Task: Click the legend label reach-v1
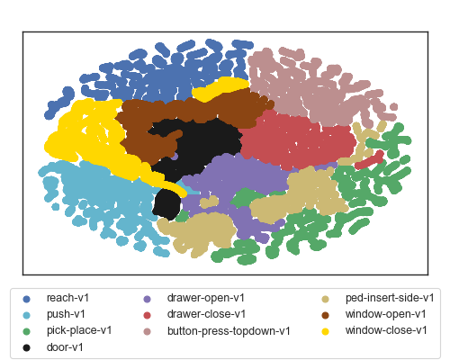pos(67,298)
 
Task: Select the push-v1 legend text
pos(66,314)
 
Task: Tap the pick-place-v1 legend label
pos(79,330)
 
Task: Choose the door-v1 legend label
pos(65,347)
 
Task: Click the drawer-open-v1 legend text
pos(206,298)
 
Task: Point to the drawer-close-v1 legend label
pos(206,314)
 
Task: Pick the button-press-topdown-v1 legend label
pos(229,331)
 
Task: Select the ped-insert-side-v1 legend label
pos(390,298)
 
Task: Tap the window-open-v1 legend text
pos(386,314)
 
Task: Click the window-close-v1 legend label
pos(386,330)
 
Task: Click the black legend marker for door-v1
pos(26,347)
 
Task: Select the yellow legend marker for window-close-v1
pos(325,331)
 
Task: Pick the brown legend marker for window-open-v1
pos(325,315)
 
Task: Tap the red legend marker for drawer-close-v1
pos(147,315)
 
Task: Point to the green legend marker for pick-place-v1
pos(26,331)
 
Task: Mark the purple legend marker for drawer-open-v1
pos(147,299)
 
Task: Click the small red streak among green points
pos(370,160)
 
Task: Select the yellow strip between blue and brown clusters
pos(220,88)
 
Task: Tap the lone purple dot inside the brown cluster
pos(175,156)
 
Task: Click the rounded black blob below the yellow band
pos(166,204)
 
